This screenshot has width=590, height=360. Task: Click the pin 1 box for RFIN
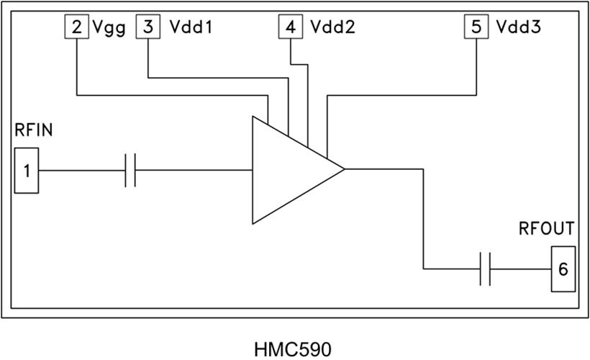tap(27, 171)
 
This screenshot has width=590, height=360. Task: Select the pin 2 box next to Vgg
tap(76, 28)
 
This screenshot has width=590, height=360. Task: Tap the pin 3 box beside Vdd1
tap(147, 28)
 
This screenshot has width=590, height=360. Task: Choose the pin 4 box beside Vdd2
tap(290, 28)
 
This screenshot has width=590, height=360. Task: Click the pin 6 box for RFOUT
tap(563, 269)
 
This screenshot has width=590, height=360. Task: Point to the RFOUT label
tap(547, 230)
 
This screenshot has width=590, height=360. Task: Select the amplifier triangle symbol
tap(288, 170)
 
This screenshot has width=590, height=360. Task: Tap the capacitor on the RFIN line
tap(130, 170)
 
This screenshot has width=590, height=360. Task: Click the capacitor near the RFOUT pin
tap(485, 269)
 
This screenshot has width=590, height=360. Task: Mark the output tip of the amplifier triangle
tap(344, 170)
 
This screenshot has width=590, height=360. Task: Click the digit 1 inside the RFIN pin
tap(27, 171)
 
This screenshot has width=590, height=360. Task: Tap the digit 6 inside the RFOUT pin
tap(563, 269)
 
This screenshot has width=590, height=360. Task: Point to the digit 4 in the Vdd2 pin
tap(290, 28)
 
